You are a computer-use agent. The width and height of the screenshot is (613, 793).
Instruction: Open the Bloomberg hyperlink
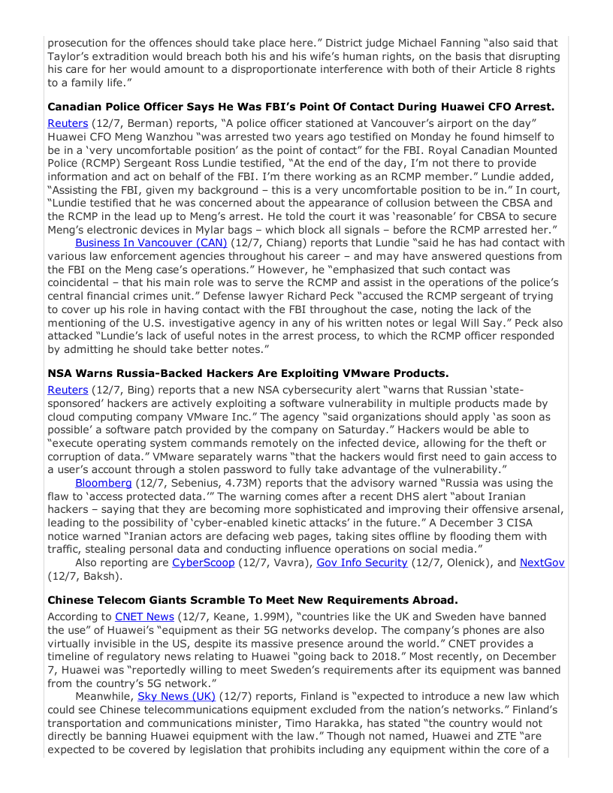point(102,483)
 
